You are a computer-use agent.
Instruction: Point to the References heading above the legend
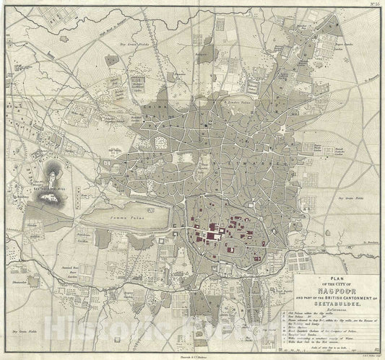tap(332, 312)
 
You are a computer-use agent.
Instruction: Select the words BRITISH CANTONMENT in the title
tap(326, 299)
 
